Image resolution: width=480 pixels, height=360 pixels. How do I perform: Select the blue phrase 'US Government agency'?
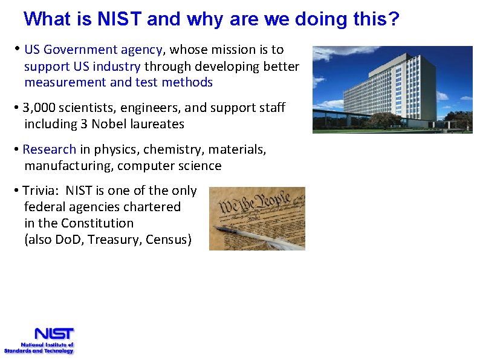point(94,50)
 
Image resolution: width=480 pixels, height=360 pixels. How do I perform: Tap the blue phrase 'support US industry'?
point(83,66)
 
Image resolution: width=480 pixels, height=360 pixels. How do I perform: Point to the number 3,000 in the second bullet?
point(40,108)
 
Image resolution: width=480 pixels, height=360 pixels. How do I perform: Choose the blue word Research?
point(50,149)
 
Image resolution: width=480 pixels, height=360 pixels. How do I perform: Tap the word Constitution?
point(97,223)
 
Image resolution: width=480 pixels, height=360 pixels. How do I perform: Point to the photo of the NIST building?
point(392,90)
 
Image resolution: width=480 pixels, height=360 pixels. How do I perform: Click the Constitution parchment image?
point(257,218)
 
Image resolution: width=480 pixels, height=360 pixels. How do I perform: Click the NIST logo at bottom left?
point(53,334)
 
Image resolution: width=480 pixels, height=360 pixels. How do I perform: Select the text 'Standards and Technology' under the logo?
point(39,350)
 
